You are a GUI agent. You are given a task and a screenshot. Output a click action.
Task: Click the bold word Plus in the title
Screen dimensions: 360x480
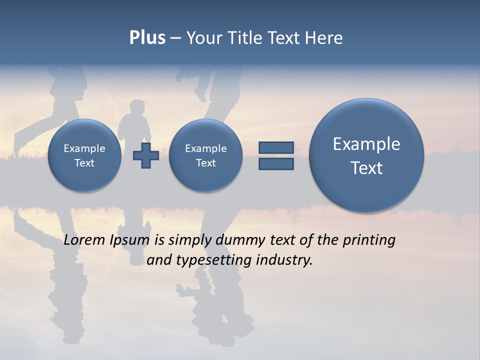[x=147, y=38]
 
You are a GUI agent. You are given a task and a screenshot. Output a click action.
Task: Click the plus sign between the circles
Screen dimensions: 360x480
[x=145, y=155]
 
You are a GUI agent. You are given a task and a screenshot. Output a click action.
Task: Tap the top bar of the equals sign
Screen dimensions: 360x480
[x=276, y=147]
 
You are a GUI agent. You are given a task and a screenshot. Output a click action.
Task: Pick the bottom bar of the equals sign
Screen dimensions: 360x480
[x=276, y=164]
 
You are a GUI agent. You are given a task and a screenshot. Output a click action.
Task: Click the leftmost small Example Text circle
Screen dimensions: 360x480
[x=84, y=155]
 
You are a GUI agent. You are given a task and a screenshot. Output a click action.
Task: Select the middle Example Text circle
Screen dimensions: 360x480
[x=205, y=155]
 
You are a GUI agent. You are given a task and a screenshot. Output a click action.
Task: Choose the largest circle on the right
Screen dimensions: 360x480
[x=366, y=155]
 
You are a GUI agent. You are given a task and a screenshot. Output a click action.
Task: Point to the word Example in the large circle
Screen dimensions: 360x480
[x=366, y=144]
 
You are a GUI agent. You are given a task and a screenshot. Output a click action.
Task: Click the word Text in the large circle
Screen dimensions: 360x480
[x=366, y=168]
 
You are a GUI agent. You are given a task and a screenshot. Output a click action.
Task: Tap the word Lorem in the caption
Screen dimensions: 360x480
[x=85, y=240]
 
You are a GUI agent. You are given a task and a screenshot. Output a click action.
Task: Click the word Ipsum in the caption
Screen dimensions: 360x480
[x=129, y=240]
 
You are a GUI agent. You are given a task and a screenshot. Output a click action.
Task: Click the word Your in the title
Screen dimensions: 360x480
[x=203, y=38]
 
